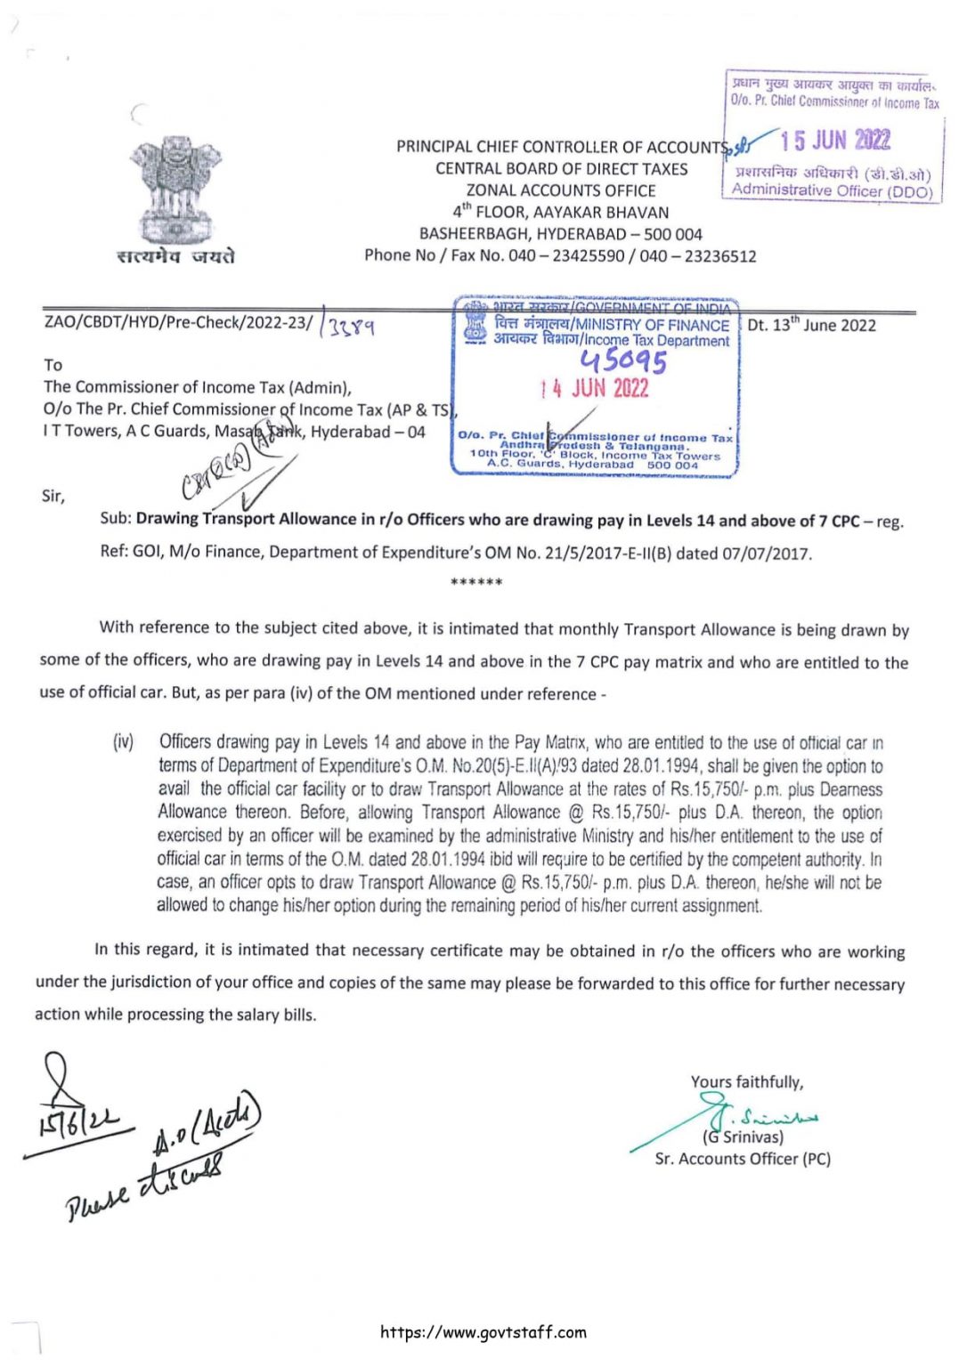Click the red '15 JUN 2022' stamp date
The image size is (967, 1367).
click(835, 141)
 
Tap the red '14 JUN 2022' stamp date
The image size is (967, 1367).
click(595, 388)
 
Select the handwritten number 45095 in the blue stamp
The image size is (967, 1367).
click(622, 360)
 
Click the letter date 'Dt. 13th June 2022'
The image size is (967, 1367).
click(811, 325)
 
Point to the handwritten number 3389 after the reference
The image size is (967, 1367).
click(351, 328)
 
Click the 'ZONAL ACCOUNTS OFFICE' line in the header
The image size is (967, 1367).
click(561, 190)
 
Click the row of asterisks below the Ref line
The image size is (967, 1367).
click(476, 582)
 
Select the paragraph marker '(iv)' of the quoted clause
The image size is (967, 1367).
click(124, 741)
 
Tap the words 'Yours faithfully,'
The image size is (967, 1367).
click(746, 1082)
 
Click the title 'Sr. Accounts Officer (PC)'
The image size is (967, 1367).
click(743, 1159)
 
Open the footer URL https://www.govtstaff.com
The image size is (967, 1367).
click(483, 1332)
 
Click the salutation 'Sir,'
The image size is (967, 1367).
click(53, 496)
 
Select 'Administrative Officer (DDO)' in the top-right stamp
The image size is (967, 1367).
click(832, 190)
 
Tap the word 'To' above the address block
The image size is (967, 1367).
click(53, 365)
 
